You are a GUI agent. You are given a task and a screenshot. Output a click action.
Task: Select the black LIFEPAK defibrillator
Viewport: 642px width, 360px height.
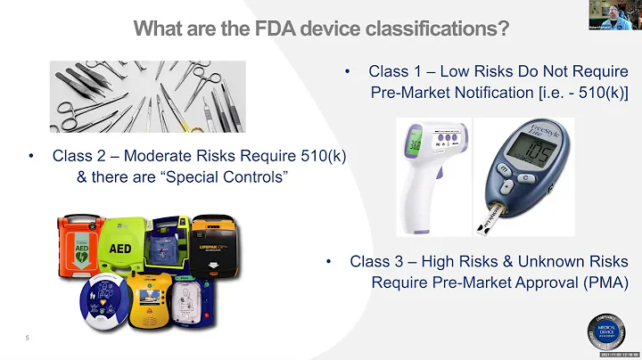(213, 244)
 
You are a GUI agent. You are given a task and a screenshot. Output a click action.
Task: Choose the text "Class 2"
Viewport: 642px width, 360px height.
(79, 156)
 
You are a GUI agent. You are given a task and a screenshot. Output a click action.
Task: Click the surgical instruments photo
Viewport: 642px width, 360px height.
(147, 95)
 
